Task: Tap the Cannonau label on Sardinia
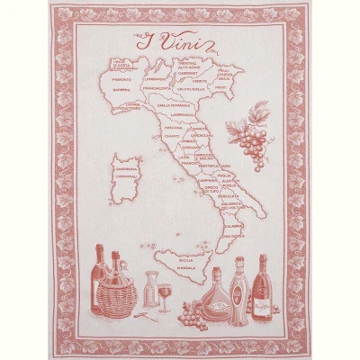click(x=125, y=176)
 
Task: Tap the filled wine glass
click(x=164, y=295)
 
